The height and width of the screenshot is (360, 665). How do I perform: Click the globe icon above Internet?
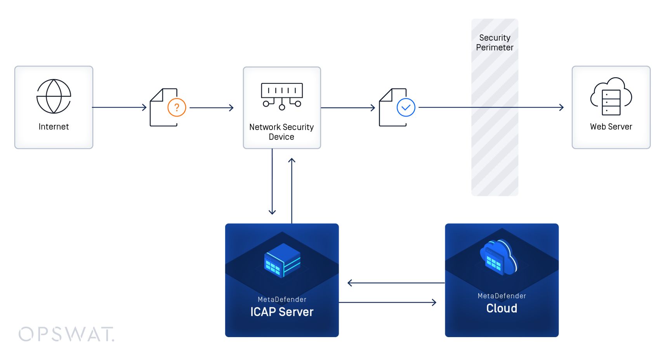(54, 96)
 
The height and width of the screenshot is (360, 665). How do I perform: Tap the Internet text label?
(54, 127)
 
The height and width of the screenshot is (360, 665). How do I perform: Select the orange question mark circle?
(177, 107)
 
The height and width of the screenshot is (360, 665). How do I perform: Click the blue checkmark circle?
(406, 107)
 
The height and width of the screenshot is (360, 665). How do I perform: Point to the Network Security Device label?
(281, 132)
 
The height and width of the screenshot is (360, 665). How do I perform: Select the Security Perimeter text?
(495, 43)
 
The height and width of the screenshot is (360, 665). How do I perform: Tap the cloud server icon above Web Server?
(611, 97)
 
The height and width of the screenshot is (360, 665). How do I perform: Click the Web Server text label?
(611, 127)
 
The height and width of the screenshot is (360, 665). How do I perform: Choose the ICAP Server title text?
(282, 312)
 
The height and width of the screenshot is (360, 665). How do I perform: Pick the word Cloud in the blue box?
(502, 308)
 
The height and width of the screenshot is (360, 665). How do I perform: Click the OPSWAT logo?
(66, 334)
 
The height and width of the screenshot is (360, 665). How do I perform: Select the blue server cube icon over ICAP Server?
(282, 260)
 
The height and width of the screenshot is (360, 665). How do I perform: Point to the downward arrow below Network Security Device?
(272, 182)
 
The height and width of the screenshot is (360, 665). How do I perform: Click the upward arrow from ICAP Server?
(292, 190)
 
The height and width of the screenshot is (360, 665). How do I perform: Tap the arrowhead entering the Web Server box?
(561, 107)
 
